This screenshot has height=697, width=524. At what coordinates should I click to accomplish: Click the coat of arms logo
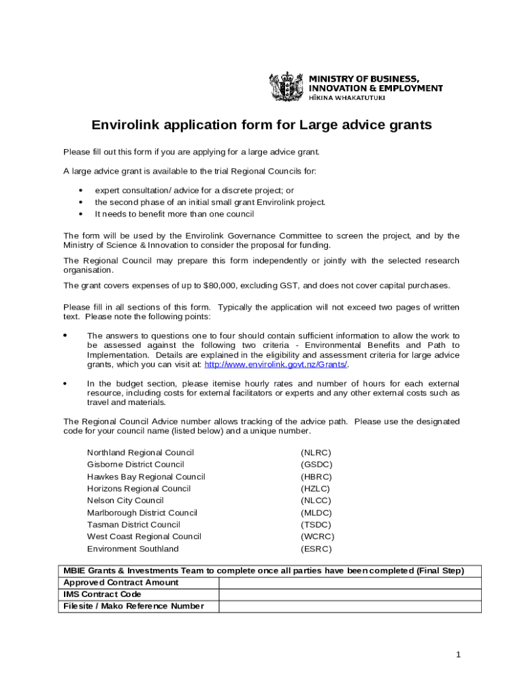(x=287, y=87)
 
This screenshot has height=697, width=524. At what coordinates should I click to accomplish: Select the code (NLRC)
(x=316, y=453)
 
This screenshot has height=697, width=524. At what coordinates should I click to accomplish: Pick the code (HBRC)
(x=316, y=476)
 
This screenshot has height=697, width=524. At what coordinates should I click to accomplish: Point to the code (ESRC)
(x=316, y=549)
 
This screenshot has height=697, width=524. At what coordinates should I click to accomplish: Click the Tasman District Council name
(x=133, y=525)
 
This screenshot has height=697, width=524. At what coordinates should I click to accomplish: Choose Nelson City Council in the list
(x=125, y=500)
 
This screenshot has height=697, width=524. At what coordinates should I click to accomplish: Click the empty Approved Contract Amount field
(x=349, y=583)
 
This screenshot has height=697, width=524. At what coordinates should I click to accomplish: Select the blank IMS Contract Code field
(x=349, y=594)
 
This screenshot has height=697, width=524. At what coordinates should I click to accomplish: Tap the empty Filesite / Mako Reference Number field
(x=349, y=606)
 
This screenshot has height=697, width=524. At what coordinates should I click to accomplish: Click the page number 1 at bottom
(x=459, y=655)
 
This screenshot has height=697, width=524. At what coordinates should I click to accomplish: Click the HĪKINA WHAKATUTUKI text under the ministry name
(x=347, y=98)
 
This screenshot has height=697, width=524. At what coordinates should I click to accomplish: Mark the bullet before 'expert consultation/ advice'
(x=81, y=191)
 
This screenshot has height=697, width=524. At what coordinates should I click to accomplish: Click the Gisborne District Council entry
(x=135, y=464)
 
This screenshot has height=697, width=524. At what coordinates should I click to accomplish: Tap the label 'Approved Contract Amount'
(x=121, y=583)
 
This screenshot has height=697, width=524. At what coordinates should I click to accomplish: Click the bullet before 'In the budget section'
(x=65, y=384)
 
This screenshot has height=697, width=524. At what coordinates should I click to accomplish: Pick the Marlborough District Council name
(x=142, y=513)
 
